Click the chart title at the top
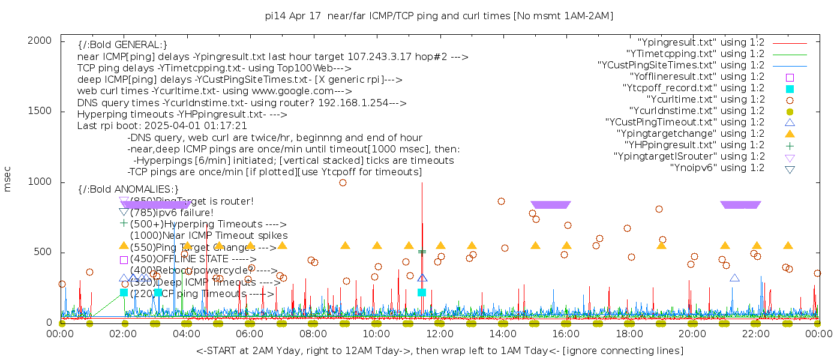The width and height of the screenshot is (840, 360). tap(439, 16)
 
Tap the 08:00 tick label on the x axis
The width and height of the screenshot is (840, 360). tap(313, 334)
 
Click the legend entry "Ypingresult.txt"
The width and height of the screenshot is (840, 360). tap(701, 43)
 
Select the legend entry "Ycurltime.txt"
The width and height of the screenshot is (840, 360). tap(705, 99)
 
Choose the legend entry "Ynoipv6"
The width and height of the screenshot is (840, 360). tap(717, 167)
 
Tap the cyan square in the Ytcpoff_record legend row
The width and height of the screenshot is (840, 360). tap(790, 88)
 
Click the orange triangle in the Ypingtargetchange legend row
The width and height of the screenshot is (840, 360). tap(790, 133)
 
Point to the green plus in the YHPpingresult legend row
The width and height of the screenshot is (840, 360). tap(790, 145)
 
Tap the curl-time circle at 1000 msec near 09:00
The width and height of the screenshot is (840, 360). tap(343, 182)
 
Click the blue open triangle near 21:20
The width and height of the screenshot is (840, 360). tap(734, 278)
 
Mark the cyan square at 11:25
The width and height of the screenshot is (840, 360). tap(422, 292)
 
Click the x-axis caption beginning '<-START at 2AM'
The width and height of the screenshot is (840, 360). tap(439, 350)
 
